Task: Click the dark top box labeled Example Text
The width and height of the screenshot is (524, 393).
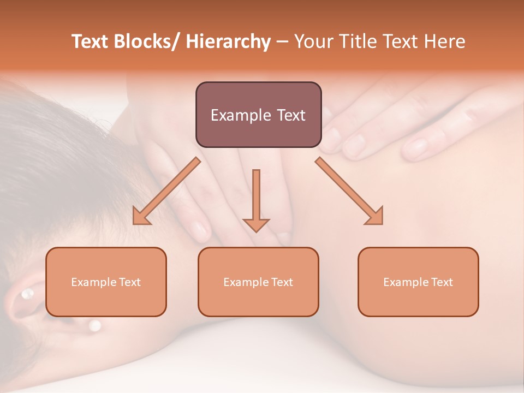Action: pyautogui.click(x=258, y=115)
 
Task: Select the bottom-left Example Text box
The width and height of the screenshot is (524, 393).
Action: pyautogui.click(x=106, y=282)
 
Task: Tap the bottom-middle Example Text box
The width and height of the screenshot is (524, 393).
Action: pyautogui.click(x=258, y=282)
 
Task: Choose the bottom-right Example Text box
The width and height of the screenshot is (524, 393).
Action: pyautogui.click(x=418, y=282)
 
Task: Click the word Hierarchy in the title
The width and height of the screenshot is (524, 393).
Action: pyautogui.click(x=228, y=41)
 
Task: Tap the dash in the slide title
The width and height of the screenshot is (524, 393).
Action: pyautogui.click(x=282, y=42)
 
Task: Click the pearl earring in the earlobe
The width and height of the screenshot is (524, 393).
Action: pyautogui.click(x=26, y=294)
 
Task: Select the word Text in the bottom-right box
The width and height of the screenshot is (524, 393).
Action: pyautogui.click(x=442, y=282)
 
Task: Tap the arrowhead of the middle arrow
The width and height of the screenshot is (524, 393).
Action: pyautogui.click(x=256, y=225)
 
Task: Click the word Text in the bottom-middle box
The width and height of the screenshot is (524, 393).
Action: pyautogui.click(x=282, y=282)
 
